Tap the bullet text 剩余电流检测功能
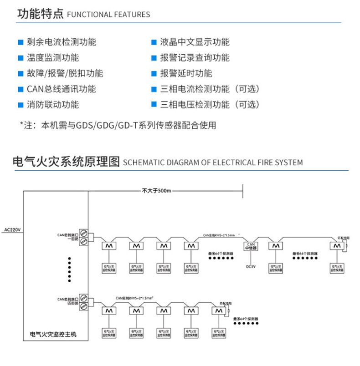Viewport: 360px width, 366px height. coord(61,42)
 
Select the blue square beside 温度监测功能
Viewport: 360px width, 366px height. coord(20,58)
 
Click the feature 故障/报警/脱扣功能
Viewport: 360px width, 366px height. coord(65,73)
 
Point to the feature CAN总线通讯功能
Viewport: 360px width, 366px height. coord(61,89)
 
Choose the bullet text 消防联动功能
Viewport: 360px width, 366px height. coord(52,105)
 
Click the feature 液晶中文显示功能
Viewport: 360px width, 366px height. coord(195,42)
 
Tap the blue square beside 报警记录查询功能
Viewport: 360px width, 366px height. coord(154,58)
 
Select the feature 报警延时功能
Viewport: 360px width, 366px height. coord(186,73)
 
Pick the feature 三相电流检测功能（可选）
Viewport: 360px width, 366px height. coord(210,89)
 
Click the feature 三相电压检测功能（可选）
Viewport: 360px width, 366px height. coord(210,105)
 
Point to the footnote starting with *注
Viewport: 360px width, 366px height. coord(118,125)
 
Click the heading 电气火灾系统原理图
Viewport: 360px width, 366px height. coord(67,162)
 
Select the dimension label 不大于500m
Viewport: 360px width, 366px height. coord(156,190)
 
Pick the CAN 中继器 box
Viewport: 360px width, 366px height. coord(251,246)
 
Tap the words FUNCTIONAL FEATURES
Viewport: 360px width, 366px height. coord(108,15)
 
